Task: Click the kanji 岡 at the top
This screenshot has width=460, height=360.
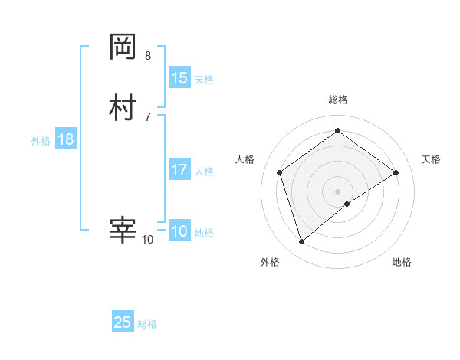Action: tap(123, 48)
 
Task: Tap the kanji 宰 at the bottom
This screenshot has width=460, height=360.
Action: tap(123, 230)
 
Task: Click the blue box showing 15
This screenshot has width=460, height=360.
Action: tap(179, 78)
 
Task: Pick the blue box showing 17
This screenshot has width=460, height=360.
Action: tap(179, 170)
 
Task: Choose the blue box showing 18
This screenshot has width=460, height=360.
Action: tap(66, 139)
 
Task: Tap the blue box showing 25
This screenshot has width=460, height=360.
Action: tap(123, 322)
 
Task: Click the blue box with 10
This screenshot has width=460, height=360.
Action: tap(179, 231)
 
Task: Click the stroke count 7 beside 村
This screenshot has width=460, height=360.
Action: tap(148, 116)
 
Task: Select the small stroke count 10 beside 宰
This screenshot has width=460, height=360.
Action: tap(147, 240)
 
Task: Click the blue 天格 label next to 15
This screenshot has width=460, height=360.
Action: tap(204, 80)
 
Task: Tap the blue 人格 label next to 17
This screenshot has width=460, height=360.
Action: tap(204, 172)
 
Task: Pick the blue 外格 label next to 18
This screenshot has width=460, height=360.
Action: tap(41, 141)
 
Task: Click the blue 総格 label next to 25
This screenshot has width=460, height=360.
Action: tap(147, 324)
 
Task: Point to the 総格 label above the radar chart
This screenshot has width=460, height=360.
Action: tap(337, 100)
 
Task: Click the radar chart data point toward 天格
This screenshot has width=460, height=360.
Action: tap(396, 172)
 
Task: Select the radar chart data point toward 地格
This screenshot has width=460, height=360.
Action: tap(347, 204)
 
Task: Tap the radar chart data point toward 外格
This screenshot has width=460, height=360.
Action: tap(301, 242)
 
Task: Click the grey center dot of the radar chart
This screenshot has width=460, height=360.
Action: tap(337, 191)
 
